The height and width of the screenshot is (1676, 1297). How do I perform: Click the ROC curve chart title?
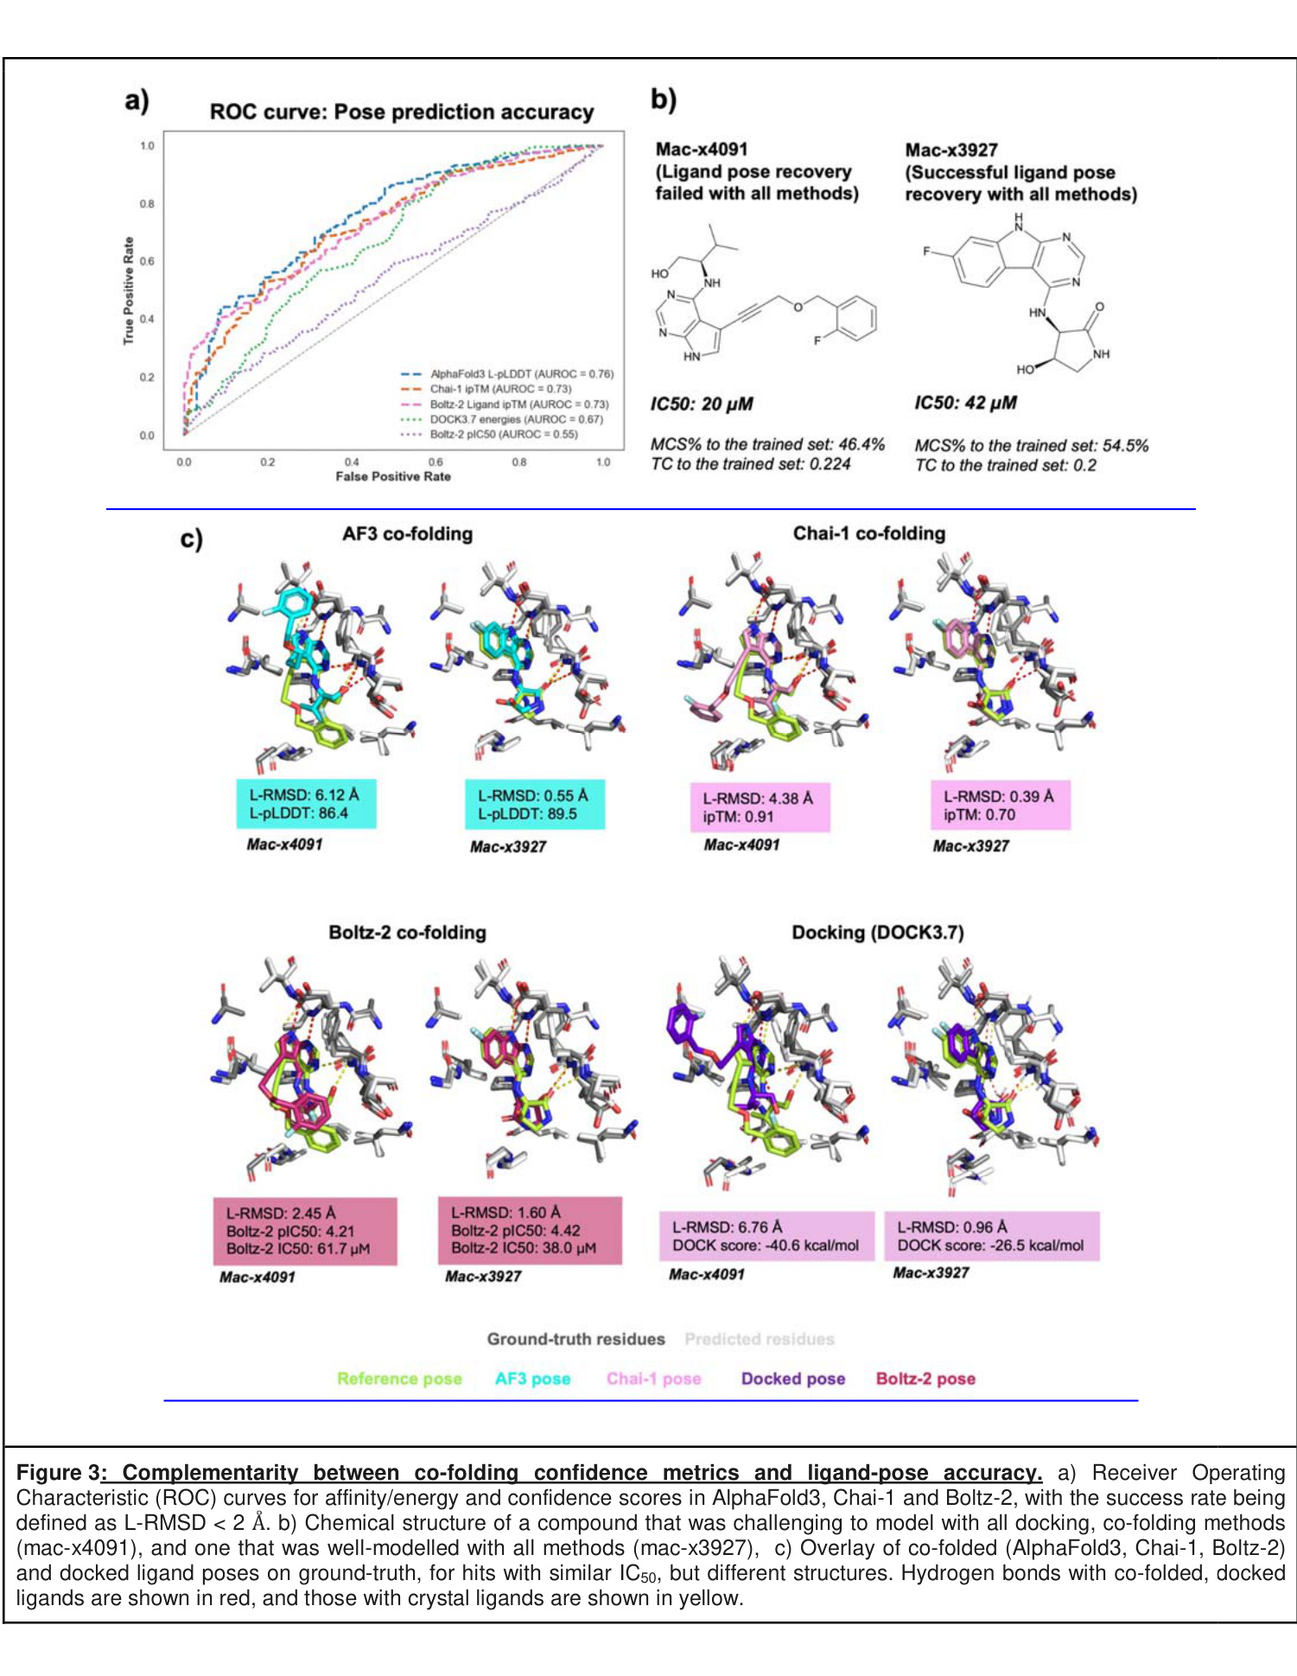tap(402, 112)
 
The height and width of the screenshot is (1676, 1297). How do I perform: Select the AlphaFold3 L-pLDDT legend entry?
tap(521, 374)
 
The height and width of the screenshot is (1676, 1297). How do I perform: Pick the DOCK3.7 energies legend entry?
tap(516, 419)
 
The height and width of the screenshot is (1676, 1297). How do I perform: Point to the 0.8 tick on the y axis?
tap(148, 204)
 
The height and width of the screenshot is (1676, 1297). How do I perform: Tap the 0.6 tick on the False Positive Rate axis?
tap(436, 462)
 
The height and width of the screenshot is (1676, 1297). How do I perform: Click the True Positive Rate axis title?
tap(129, 290)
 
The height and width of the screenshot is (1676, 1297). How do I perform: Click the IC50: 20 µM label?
tap(702, 404)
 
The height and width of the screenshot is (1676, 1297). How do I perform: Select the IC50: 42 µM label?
tap(965, 403)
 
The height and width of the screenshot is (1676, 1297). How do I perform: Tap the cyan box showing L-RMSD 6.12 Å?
tap(307, 804)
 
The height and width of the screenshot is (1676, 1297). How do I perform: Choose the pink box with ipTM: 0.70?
tap(1001, 806)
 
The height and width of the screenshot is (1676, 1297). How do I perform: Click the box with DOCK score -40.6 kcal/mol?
tap(766, 1236)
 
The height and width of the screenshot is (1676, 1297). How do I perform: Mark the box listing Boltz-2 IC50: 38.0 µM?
tap(530, 1230)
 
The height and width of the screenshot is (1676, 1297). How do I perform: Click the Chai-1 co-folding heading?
tap(868, 533)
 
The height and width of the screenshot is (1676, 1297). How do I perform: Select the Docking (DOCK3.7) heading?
tap(877, 933)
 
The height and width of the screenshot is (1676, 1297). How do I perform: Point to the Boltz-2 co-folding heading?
tap(407, 933)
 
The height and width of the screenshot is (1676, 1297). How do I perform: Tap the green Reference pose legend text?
tap(399, 1379)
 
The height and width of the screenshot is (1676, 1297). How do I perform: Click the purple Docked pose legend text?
tap(792, 1379)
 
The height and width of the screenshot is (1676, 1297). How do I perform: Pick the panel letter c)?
tap(191, 538)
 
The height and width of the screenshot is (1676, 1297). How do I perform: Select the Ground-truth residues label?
tap(575, 1339)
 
